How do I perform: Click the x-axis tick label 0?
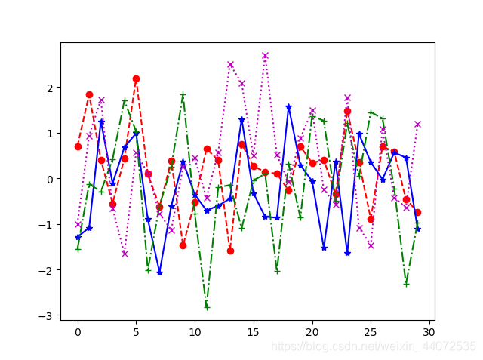(78, 331)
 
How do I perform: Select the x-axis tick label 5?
(136, 331)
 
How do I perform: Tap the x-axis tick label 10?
(195, 331)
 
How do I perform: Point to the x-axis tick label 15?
(254, 331)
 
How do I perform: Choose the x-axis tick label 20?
(312, 331)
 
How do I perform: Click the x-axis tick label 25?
(371, 331)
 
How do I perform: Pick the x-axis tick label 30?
(429, 331)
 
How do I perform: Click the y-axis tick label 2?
(50, 88)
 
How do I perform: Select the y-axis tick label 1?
(50, 134)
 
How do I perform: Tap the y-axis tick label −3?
(47, 315)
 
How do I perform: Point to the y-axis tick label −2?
(47, 270)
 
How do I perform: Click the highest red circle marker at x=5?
(136, 78)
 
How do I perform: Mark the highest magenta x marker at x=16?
(265, 55)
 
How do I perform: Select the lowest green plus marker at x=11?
(207, 306)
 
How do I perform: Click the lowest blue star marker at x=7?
(159, 272)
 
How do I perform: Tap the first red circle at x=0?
(78, 146)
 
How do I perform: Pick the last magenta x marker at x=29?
(417, 124)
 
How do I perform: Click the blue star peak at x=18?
(288, 107)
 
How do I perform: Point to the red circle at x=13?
(230, 251)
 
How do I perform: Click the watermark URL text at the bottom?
(374, 346)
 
